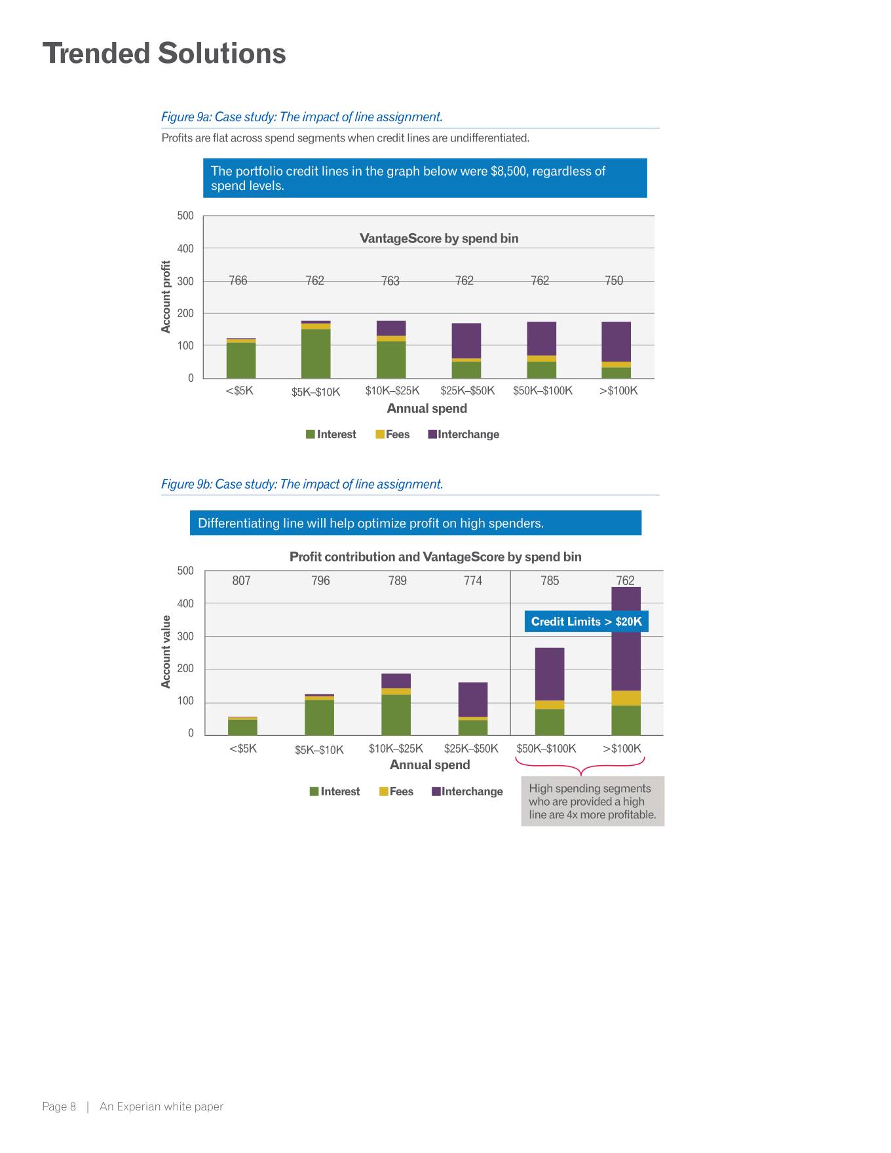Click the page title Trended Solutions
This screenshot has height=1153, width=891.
tap(164, 54)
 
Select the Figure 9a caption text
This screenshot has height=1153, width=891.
tap(301, 117)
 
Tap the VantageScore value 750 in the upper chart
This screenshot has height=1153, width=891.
tap(614, 280)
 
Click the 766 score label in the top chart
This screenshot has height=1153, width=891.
tap(238, 280)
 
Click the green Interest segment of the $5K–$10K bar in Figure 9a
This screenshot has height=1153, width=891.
tap(316, 353)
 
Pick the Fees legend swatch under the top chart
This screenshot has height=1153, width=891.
tap(380, 434)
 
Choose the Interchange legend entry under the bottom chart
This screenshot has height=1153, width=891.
tap(467, 791)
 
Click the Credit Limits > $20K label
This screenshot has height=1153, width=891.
tap(586, 622)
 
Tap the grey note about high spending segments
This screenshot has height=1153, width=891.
tap(592, 801)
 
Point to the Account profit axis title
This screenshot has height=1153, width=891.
tap(166, 297)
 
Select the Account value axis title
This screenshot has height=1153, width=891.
tap(166, 652)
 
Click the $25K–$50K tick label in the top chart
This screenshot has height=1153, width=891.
tap(467, 391)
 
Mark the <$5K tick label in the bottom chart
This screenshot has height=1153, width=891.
tap(242, 749)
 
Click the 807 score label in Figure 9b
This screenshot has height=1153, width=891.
tap(241, 580)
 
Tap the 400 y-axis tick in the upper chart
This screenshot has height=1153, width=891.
tap(185, 249)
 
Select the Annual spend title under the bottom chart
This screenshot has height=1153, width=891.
tap(430, 765)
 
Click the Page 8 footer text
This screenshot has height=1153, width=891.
tap(59, 1106)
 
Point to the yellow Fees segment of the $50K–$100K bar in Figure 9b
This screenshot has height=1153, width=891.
tap(550, 705)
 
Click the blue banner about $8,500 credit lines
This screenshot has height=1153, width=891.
tap(425, 178)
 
